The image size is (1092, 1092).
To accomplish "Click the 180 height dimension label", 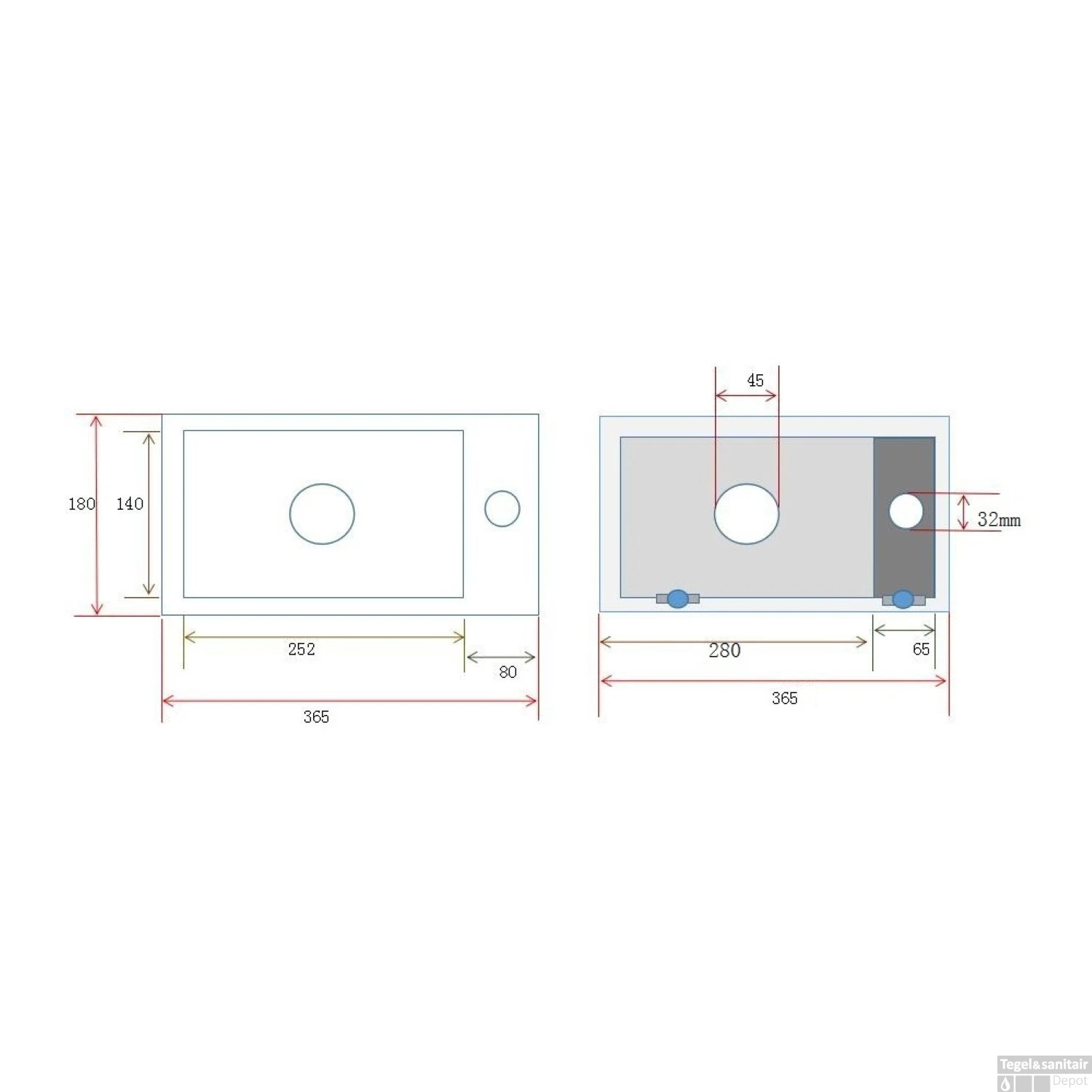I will [x=81, y=504].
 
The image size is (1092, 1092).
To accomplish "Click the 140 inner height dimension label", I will [x=130, y=504].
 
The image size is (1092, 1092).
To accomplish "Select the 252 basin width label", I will [x=301, y=649].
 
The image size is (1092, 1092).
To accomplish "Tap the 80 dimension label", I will [x=507, y=672].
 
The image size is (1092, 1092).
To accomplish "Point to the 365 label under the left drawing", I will [x=316, y=717].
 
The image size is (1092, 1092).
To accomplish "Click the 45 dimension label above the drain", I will [x=755, y=381].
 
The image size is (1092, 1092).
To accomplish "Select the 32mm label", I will [x=998, y=520].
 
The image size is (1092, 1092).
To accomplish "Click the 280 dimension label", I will [x=724, y=651].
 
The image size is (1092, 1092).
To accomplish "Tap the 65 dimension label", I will [x=921, y=649].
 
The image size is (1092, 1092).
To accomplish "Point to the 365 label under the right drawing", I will [x=784, y=699].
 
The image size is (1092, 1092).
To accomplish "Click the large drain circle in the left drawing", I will [x=322, y=514].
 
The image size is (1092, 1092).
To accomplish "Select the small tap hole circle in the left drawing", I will [x=502, y=509].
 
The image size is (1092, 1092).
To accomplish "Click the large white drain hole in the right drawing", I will [x=746, y=514].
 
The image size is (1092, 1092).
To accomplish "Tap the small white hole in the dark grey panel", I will [x=906, y=511].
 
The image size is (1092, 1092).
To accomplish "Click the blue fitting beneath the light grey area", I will [x=678, y=599].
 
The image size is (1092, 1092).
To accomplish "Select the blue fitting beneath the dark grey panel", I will [x=903, y=599].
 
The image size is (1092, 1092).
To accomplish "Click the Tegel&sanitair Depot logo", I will [x=1043, y=1073].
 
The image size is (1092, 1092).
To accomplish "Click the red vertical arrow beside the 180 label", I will [x=97, y=515].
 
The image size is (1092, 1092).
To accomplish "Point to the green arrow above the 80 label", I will [x=501, y=657].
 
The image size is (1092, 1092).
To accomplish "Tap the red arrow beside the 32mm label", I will [x=963, y=512].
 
